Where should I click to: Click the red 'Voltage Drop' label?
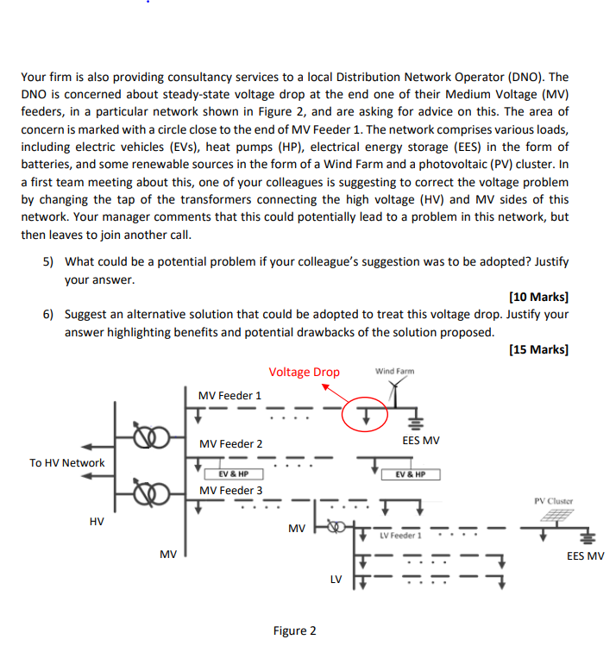pyautogui.click(x=304, y=372)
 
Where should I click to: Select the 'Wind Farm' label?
pyautogui.click(x=395, y=371)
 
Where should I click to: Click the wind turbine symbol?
pyautogui.click(x=395, y=392)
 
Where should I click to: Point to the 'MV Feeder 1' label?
pyautogui.click(x=229, y=396)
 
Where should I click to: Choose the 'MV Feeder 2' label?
pyautogui.click(x=230, y=443)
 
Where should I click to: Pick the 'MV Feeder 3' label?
pyautogui.click(x=230, y=490)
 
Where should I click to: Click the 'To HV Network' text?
pyautogui.click(x=66, y=462)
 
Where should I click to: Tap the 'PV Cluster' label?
pyautogui.click(x=553, y=501)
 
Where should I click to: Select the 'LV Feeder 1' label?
pyautogui.click(x=400, y=536)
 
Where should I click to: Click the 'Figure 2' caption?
pyautogui.click(x=294, y=630)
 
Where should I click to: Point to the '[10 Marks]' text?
pyautogui.click(x=538, y=297)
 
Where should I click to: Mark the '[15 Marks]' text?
pyautogui.click(x=538, y=349)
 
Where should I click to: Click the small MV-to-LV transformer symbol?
pyautogui.click(x=336, y=526)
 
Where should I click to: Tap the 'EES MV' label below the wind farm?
pyautogui.click(x=421, y=441)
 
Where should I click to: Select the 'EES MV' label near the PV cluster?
pyautogui.click(x=585, y=556)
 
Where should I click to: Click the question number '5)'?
pyautogui.click(x=48, y=261)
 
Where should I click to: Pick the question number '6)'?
pyautogui.click(x=48, y=314)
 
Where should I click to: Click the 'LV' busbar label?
pyautogui.click(x=336, y=580)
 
